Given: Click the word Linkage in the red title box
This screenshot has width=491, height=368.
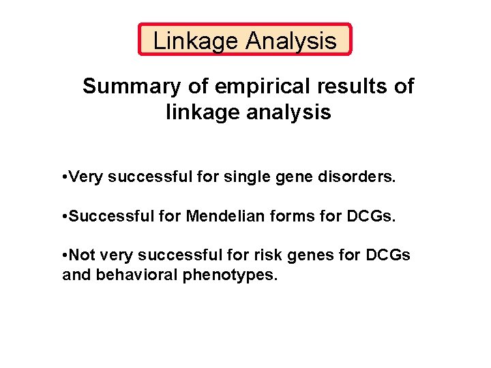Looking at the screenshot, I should tap(196, 41).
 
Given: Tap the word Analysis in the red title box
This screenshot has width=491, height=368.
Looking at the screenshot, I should tap(291, 41).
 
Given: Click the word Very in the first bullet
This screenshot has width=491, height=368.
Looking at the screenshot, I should tap(85, 179).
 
